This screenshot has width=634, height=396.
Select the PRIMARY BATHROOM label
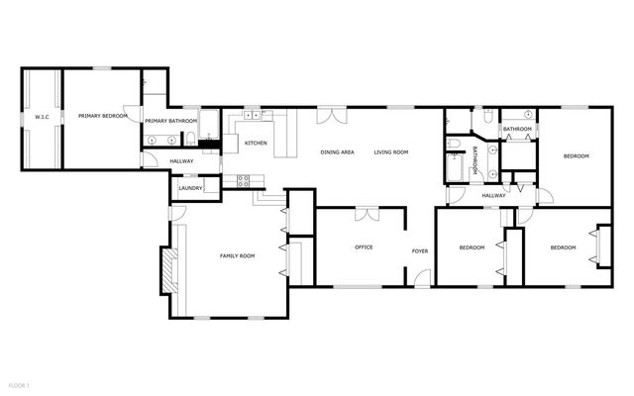point(170,121)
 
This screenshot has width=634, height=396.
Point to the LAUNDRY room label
point(191,188)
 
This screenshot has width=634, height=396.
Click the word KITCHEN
point(256,144)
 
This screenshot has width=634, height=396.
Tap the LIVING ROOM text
point(391,152)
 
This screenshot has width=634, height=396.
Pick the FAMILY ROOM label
point(237,255)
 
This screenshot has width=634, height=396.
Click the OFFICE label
point(364,247)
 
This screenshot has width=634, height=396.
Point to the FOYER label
point(420,250)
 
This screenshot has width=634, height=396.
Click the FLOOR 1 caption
point(19,384)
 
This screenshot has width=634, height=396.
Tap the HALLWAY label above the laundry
point(181,161)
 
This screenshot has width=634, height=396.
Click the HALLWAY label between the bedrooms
point(493,195)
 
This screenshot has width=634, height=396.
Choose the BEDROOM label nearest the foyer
point(472,247)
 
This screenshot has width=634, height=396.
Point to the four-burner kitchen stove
point(241,180)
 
